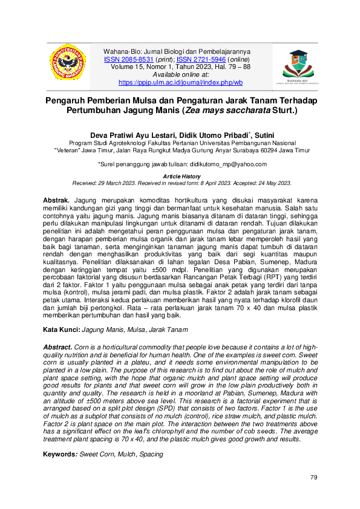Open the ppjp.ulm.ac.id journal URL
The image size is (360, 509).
click(180, 82)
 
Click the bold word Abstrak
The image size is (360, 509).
click(56, 199)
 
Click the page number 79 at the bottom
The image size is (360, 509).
click(313, 478)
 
